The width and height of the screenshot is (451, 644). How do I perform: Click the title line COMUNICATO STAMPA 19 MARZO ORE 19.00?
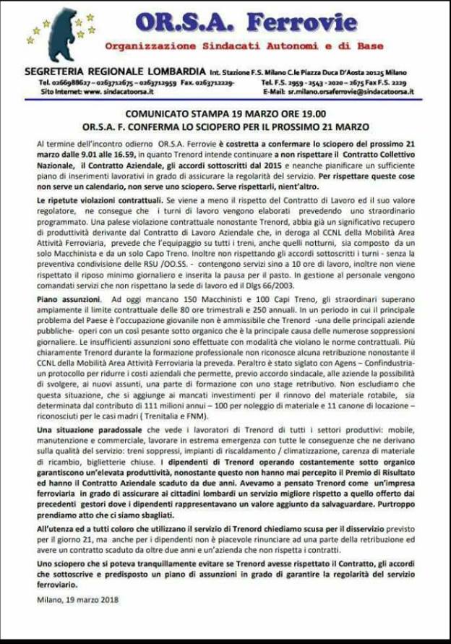click(x=225, y=113)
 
